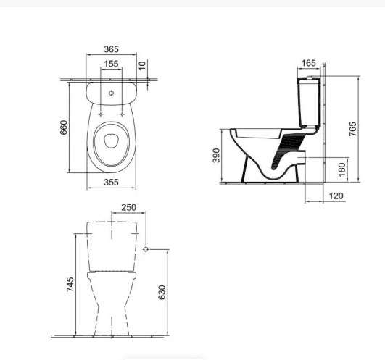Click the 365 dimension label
[x=111, y=49]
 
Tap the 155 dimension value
[x=111, y=64]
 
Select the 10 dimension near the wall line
[x=142, y=66]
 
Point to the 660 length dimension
[x=64, y=127]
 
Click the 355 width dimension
[x=111, y=183]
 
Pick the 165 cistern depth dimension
[x=308, y=63]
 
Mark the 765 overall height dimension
[x=352, y=129]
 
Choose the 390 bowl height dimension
[x=216, y=155]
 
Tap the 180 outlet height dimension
[x=341, y=169]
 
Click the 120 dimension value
[x=336, y=196]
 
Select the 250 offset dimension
[x=128, y=207]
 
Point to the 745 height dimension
[x=70, y=285]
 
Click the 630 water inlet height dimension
[x=162, y=292]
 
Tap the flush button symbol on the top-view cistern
[x=111, y=93]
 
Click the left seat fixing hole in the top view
[x=101, y=114]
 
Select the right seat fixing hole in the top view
[x=122, y=114]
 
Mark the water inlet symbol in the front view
[x=146, y=249]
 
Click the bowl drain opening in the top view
[x=111, y=141]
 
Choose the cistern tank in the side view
[x=309, y=103]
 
